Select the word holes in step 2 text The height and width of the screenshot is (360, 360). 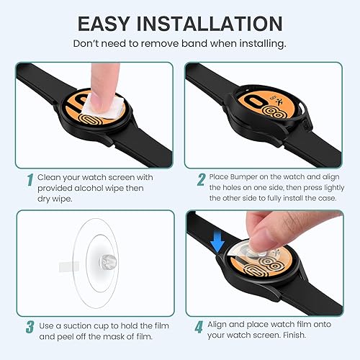(x=228, y=187)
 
